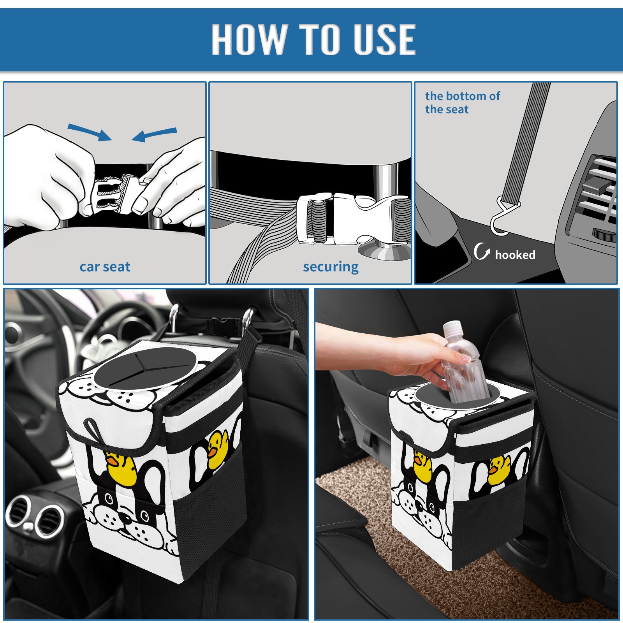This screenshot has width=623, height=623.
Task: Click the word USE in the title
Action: [x=385, y=39]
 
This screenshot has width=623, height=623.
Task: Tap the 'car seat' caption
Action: [x=105, y=267]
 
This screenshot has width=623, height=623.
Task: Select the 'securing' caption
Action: [x=331, y=267]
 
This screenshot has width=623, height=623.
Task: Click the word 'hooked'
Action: [x=515, y=255]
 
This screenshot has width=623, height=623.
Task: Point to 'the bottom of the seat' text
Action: [x=462, y=102]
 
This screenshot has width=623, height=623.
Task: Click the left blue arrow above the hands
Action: [x=90, y=132]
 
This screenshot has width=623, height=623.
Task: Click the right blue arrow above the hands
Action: [x=154, y=135]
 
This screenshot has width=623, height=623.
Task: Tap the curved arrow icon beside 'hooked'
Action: [x=482, y=251]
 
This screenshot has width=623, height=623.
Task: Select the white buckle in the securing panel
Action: [x=352, y=219]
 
